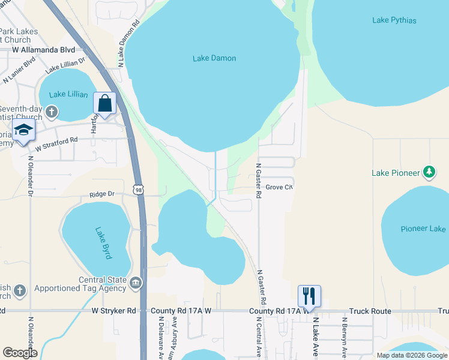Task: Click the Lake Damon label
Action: [214, 58]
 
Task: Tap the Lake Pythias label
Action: [394, 20]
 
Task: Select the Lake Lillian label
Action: [68, 94]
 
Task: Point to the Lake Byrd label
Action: [103, 242]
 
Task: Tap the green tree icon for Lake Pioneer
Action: [429, 172]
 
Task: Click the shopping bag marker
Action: [105, 103]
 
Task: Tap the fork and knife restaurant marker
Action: [309, 296]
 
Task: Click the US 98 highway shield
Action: [139, 189]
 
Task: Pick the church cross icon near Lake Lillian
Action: [52, 112]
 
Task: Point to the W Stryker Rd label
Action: [114, 311]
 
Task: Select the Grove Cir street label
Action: [279, 187]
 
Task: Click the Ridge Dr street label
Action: [101, 194]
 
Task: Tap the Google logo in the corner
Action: [20, 353]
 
